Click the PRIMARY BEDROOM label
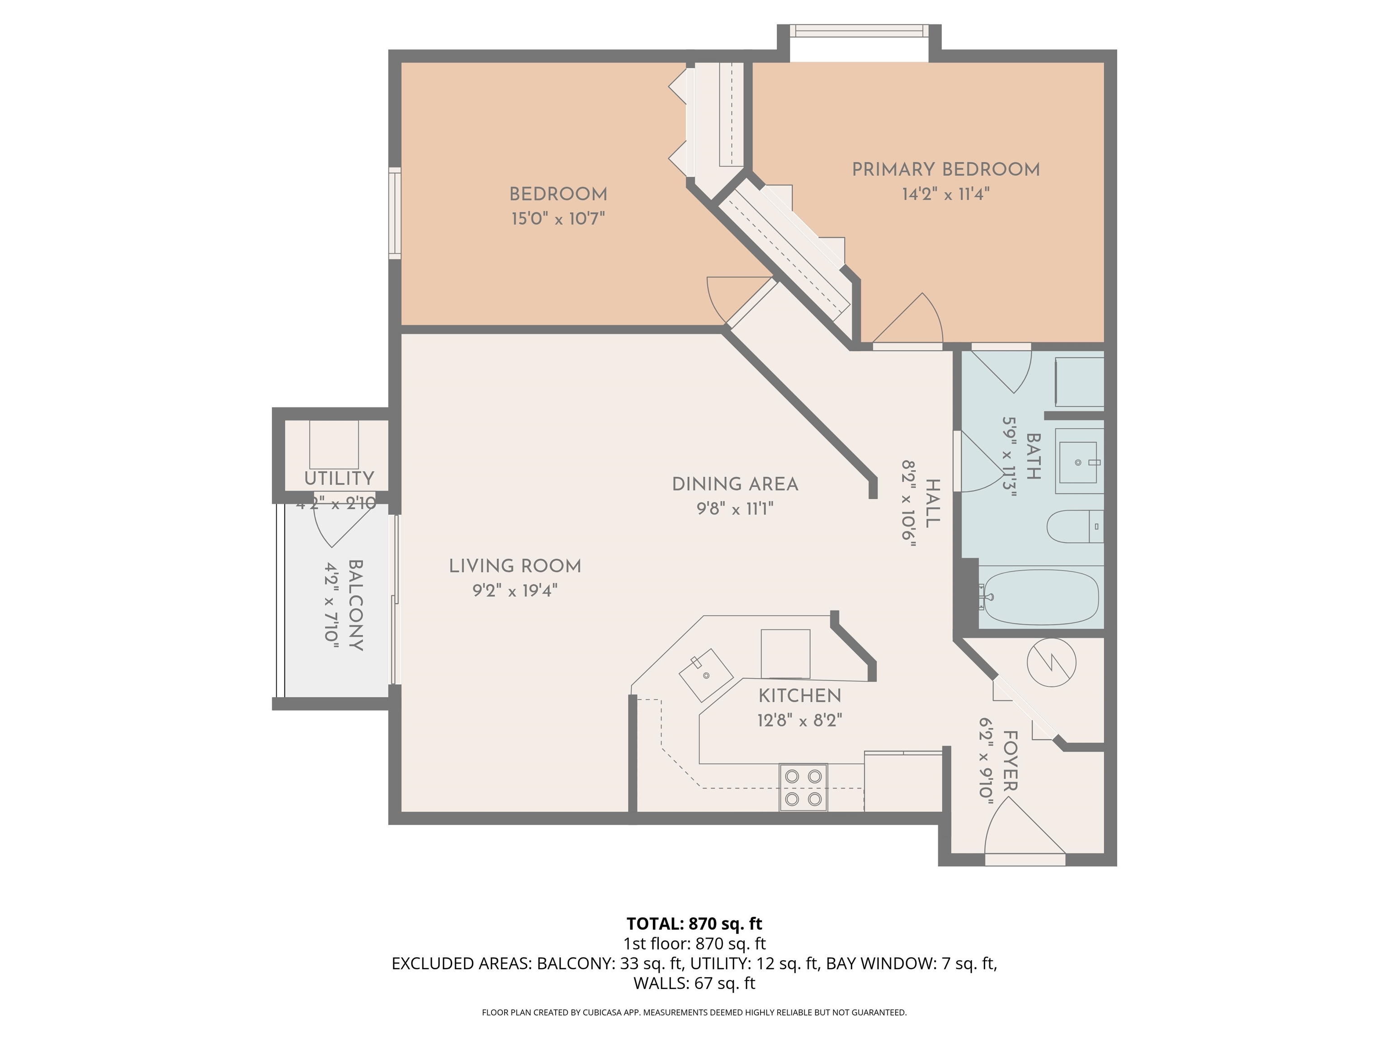pyautogui.click(x=945, y=169)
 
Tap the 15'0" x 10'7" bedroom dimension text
pyautogui.click(x=557, y=219)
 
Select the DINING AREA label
pyautogui.click(x=735, y=484)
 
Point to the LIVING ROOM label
pyautogui.click(x=515, y=566)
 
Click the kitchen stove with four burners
pyautogui.click(x=803, y=787)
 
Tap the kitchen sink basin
pyautogui.click(x=706, y=675)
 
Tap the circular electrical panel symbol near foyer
pyautogui.click(x=1051, y=662)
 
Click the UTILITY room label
pyautogui.click(x=339, y=478)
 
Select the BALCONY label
pyautogui.click(x=355, y=605)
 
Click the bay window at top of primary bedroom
pyautogui.click(x=858, y=31)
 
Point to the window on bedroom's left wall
pyautogui.click(x=394, y=213)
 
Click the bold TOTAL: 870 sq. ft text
pyautogui.click(x=694, y=924)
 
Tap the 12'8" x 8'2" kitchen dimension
pyautogui.click(x=799, y=720)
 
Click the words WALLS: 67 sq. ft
pyautogui.click(x=694, y=983)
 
